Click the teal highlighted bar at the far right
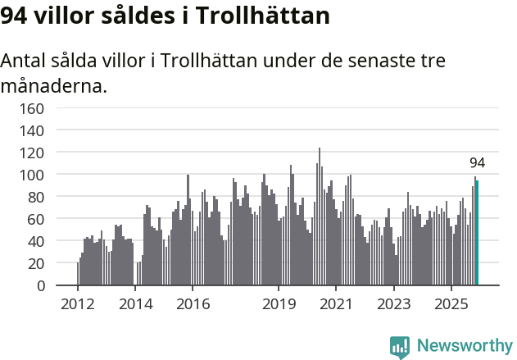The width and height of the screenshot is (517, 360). pos(477,234)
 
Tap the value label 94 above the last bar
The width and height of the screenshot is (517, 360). pos(477,162)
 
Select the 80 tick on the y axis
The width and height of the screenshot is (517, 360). pos(37,197)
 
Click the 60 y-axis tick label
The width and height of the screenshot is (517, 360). pos(37,219)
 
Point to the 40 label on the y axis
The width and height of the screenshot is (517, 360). pos(37,241)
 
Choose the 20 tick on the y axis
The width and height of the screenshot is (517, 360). pos(37,263)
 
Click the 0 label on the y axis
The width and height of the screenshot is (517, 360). pos(41,285)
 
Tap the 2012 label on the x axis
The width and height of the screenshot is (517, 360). pos(78,304)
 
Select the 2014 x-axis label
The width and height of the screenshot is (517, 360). pos(135,304)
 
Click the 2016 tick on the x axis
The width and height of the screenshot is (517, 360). pos(193,304)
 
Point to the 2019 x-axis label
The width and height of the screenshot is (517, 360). pos(279,304)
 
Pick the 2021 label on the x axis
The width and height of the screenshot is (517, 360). pos(336,304)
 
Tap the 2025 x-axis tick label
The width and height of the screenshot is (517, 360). pos(451,304)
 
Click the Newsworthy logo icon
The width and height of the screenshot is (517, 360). pos(400,347)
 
